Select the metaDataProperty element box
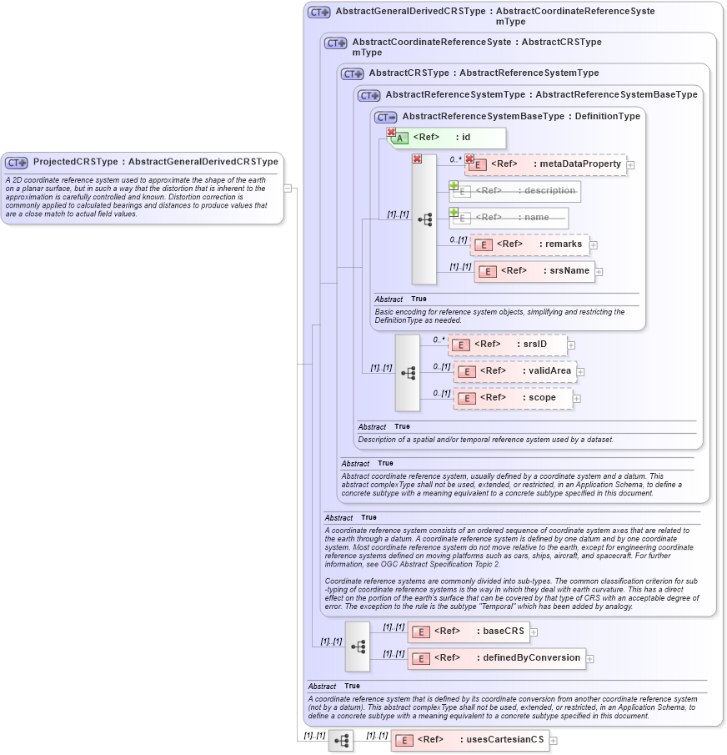click(x=546, y=164)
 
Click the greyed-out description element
click(x=515, y=191)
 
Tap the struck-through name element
click(x=509, y=218)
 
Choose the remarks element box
click(x=529, y=244)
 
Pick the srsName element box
click(x=534, y=271)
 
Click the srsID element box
click(x=508, y=345)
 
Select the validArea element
click(x=514, y=371)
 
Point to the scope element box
click(x=513, y=398)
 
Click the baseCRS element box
click(x=468, y=632)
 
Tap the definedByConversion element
click(x=496, y=658)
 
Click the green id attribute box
click(x=448, y=138)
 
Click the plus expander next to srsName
click(x=599, y=272)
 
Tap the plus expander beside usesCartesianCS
click(x=553, y=741)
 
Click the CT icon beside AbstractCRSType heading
click(x=353, y=73)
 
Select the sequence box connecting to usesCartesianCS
click(x=341, y=740)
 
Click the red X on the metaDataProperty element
click(x=469, y=159)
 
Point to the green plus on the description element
click(x=454, y=186)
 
